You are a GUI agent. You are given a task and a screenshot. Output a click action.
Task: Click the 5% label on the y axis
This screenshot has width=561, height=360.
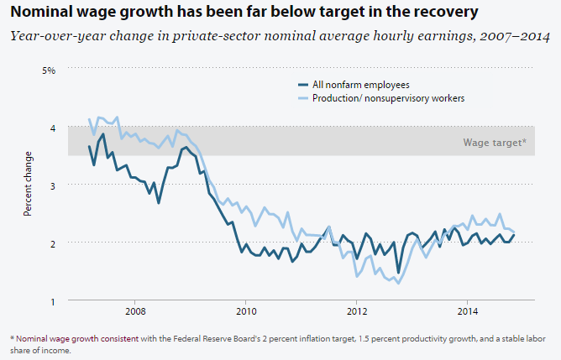click(49, 70)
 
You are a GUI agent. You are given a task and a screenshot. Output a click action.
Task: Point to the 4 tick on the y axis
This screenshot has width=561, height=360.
click(51, 128)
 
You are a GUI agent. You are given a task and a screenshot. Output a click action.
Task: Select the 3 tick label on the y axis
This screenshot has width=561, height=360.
click(51, 185)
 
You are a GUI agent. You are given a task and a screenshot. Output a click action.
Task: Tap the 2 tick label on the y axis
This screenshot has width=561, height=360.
click(51, 243)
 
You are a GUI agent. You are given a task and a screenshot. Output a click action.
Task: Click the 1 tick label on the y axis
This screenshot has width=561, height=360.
click(51, 301)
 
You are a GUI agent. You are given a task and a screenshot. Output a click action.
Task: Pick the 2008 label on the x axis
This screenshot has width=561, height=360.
click(134, 312)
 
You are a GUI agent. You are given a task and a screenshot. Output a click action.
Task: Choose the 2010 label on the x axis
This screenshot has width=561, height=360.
click(245, 312)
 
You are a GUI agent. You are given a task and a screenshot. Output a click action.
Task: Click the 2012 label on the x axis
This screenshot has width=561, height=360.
click(356, 312)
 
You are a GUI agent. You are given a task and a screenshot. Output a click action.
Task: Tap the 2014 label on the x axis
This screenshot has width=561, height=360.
click(468, 312)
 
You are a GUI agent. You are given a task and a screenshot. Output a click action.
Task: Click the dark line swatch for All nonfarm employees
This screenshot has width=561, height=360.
click(305, 85)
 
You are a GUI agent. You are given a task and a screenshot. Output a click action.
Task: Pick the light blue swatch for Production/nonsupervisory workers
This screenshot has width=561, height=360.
click(305, 98)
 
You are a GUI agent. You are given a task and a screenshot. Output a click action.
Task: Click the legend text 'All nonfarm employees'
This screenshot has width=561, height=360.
click(360, 85)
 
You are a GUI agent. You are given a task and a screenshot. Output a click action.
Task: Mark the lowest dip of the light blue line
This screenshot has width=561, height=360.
click(397, 284)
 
